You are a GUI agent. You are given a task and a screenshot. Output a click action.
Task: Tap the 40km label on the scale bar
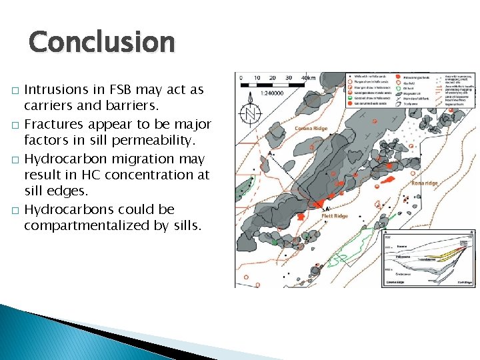tap(308, 77)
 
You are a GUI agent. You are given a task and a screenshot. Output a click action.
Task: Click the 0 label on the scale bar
tap(241, 77)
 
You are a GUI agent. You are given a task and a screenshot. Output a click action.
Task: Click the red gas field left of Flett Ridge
tap(301, 217)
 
